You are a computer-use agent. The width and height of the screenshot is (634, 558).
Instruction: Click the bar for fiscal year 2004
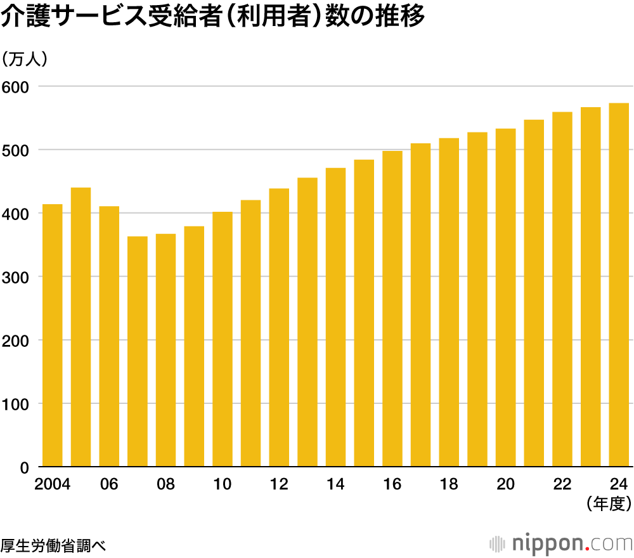click(x=52, y=335)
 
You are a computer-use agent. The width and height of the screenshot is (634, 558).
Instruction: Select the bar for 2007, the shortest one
click(x=138, y=352)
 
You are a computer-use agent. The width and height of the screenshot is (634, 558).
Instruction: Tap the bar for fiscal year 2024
click(x=619, y=285)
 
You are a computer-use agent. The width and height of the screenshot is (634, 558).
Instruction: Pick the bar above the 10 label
click(x=223, y=339)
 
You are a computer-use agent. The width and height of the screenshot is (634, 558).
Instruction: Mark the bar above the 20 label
click(x=505, y=298)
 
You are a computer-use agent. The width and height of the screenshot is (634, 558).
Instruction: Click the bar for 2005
click(x=81, y=327)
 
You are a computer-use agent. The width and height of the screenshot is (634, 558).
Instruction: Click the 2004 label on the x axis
click(x=52, y=484)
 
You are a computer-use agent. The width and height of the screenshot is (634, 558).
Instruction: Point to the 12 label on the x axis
click(x=279, y=484)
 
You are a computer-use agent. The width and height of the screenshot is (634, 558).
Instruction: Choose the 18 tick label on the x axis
click(x=449, y=484)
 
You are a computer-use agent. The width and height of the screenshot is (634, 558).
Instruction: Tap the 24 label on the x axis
click(x=619, y=484)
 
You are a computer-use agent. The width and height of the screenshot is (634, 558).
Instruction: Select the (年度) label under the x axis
click(x=609, y=504)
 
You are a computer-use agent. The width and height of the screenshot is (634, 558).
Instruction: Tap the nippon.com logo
click(x=562, y=543)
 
